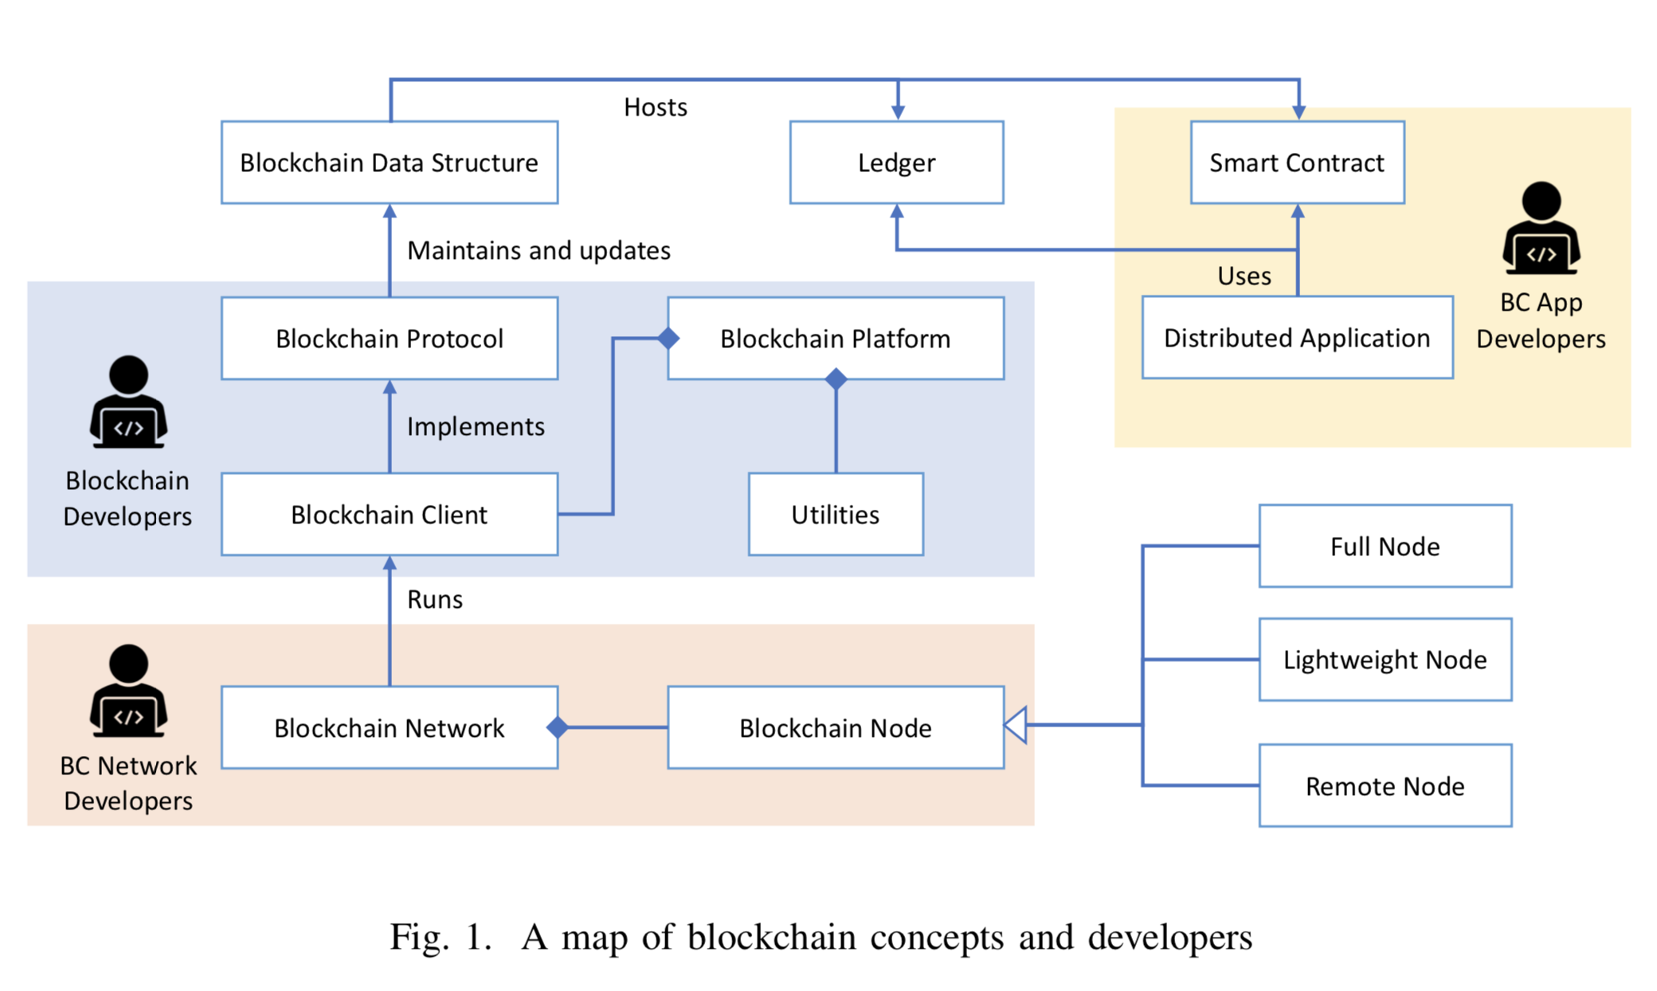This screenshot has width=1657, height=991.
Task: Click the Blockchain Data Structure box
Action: [389, 163]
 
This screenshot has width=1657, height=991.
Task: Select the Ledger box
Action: [896, 163]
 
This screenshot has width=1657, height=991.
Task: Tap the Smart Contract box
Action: [1297, 163]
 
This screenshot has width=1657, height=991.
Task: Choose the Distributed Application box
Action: [1297, 338]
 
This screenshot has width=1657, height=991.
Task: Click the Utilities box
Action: [835, 515]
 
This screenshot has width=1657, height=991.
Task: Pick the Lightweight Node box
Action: [1385, 660]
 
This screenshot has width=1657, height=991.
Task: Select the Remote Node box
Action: [1385, 786]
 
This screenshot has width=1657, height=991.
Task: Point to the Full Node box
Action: [1385, 546]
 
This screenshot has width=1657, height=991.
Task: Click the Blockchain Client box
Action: [389, 515]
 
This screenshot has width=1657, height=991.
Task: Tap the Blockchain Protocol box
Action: [389, 339]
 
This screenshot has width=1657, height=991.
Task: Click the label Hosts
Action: [655, 107]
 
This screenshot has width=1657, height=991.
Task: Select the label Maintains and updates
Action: [539, 250]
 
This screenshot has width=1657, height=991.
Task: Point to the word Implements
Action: [476, 426]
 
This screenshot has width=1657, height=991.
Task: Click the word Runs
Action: [434, 599]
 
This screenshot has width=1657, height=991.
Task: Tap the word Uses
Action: [1244, 276]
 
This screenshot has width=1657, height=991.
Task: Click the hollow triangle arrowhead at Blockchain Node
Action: [1016, 725]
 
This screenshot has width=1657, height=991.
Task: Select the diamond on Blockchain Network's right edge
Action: [558, 727]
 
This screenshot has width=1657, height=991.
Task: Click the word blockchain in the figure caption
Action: [772, 937]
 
